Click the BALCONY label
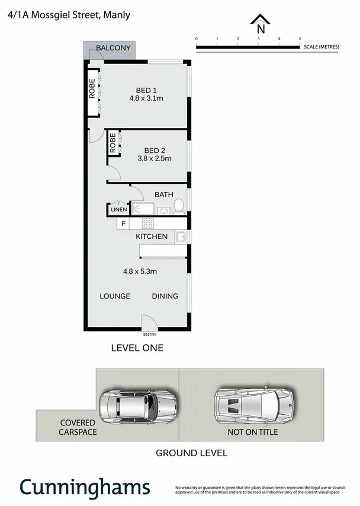coord(110,48)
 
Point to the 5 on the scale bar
coord(300,39)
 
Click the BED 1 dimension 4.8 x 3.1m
coord(146,98)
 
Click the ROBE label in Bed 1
coord(92,88)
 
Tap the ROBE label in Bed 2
coord(112,143)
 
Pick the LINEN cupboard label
coord(118,210)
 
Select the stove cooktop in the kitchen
coord(148,223)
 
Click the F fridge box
coord(123,224)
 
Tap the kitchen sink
coord(182,237)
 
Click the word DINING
coord(165,296)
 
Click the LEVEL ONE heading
coord(137,348)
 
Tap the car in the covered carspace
coord(137,405)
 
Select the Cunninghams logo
coord(84,487)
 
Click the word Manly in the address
coord(117,15)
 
